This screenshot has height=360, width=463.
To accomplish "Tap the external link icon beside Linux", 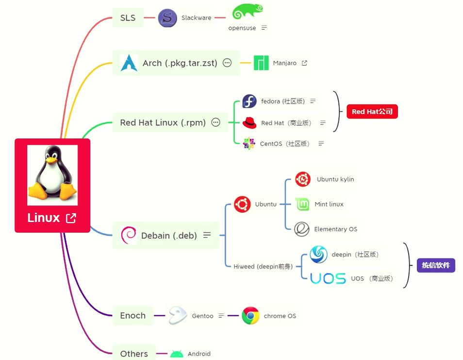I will coord(71,218).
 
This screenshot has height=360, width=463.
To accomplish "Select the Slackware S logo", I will coord(167,18).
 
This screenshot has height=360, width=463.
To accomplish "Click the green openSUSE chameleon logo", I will coord(247,12).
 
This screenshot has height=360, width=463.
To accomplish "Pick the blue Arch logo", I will coord(129,63).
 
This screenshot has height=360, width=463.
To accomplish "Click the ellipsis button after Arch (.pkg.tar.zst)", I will coord(227,63).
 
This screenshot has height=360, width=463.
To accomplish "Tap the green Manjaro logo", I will coord(261,63).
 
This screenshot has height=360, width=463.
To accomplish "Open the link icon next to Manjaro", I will coord(304,63).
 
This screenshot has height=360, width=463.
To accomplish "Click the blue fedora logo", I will coord(249,101).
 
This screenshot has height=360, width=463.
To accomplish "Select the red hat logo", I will coord(249,123).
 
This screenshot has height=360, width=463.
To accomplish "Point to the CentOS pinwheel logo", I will coord(249,143).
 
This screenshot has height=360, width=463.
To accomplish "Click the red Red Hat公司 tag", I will coord(372,112).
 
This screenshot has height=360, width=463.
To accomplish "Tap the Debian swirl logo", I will coord(129,235).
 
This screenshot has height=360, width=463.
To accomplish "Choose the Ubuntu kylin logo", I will coord(303,179).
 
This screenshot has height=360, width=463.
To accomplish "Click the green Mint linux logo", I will coord(302,204).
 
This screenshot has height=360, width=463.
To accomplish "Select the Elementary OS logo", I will coord(302,229).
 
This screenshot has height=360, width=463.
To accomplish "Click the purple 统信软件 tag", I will coord(436,265).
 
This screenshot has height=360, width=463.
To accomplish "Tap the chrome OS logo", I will coord(250,316).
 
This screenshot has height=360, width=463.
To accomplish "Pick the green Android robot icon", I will coord(177,354).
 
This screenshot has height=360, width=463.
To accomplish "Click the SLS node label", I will coord(128,18).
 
